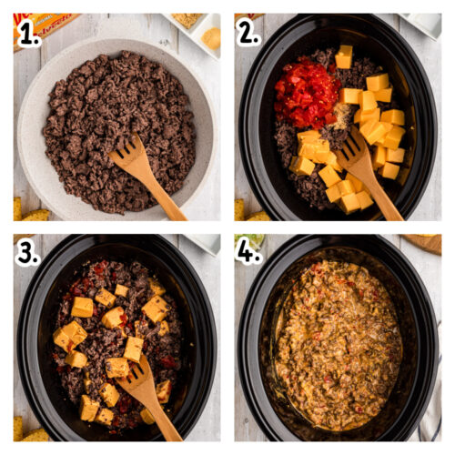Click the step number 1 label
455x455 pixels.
pyautogui.click(x=29, y=33)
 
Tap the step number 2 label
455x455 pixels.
pyautogui.click(x=248, y=33)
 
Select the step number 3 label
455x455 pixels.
pyautogui.click(x=27, y=253)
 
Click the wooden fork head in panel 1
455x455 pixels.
pyautogui.click(x=128, y=154)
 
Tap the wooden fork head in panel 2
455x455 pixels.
pyautogui.click(x=354, y=153)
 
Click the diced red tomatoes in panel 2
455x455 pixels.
pyautogui.click(x=307, y=91)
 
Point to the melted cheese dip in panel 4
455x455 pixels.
pyautogui.click(x=337, y=341)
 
